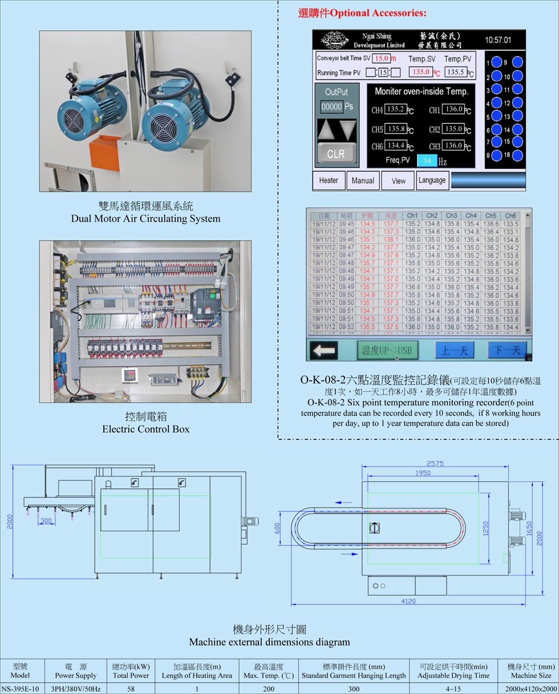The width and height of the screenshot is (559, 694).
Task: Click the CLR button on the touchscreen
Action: point(336,154)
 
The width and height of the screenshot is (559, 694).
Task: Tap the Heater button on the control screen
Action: point(329,180)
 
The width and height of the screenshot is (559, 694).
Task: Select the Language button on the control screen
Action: point(432,180)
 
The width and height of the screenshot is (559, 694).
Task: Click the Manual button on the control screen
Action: point(363,180)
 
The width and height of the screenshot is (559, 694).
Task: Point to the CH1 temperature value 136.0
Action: point(453,109)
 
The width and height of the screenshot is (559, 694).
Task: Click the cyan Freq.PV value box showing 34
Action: point(427,161)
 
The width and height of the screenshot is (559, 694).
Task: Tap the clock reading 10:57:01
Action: point(498,40)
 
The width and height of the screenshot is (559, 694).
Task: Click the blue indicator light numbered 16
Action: point(517,155)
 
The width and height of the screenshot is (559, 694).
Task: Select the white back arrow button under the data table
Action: point(324,350)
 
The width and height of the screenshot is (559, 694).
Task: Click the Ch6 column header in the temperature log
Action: point(510,216)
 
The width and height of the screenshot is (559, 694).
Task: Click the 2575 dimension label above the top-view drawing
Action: point(435,464)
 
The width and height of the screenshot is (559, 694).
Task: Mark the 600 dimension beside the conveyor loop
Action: point(278,529)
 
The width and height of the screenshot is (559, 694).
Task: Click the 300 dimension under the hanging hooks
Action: point(46,521)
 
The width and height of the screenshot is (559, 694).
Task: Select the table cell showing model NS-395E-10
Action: point(20,688)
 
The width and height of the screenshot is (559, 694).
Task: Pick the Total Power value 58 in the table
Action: point(131,688)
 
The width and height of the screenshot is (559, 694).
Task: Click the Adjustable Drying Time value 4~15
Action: point(453,688)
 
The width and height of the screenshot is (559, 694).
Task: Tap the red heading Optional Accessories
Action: point(362,13)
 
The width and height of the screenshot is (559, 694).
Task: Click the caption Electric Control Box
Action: point(145,429)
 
